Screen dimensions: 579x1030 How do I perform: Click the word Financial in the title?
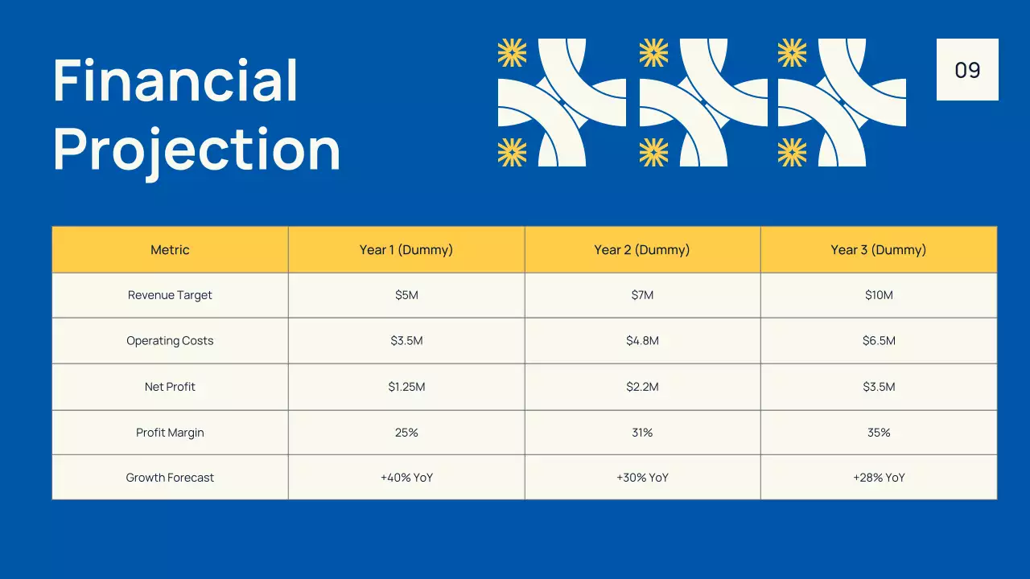tap(175, 80)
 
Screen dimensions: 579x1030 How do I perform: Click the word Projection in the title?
tap(196, 150)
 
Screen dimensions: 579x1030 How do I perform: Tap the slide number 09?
tap(967, 70)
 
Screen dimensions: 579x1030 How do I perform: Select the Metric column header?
tap(170, 250)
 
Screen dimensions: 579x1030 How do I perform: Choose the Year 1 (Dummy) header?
tap(406, 250)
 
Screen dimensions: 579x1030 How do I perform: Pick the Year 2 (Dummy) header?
tap(642, 250)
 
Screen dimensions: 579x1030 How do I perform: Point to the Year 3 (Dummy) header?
tap(879, 250)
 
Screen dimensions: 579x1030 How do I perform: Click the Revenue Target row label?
tap(170, 295)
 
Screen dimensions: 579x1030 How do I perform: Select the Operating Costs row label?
tap(170, 341)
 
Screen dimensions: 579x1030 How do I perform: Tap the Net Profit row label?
tap(170, 387)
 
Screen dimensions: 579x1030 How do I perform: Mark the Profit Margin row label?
tap(170, 433)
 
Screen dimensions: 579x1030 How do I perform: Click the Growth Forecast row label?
tap(170, 478)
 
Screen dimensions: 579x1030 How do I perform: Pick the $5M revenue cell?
tap(406, 295)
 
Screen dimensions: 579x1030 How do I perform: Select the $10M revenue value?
tap(879, 295)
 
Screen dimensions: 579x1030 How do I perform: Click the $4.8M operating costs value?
tap(642, 341)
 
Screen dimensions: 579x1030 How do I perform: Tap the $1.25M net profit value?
tap(406, 387)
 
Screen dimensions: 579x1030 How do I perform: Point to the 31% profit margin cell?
tap(642, 433)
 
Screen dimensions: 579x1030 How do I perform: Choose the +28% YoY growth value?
tap(879, 478)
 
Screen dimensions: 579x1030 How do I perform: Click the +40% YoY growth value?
tap(406, 478)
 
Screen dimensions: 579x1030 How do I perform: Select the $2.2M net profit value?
tap(642, 387)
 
